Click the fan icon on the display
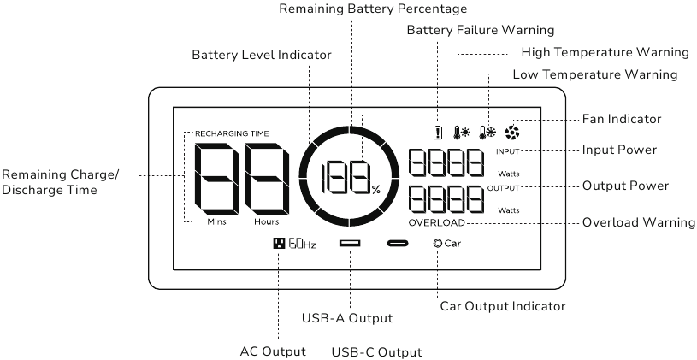(512, 132)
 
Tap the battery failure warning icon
(438, 133)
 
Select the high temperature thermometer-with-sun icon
(462, 133)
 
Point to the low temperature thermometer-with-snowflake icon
(487, 133)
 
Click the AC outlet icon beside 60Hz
(279, 243)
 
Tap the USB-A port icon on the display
(350, 243)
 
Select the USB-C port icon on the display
(398, 243)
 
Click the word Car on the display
(452, 244)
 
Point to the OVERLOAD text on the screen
(436, 222)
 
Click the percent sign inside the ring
(376, 191)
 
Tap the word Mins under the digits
(216, 221)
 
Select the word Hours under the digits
(267, 221)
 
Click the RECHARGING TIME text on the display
(232, 133)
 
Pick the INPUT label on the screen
(508, 151)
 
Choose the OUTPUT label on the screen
(503, 188)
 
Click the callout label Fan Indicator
(622, 119)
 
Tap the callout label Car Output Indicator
(503, 306)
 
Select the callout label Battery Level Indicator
(262, 55)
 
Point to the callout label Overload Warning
(639, 222)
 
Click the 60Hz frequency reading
(302, 244)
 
